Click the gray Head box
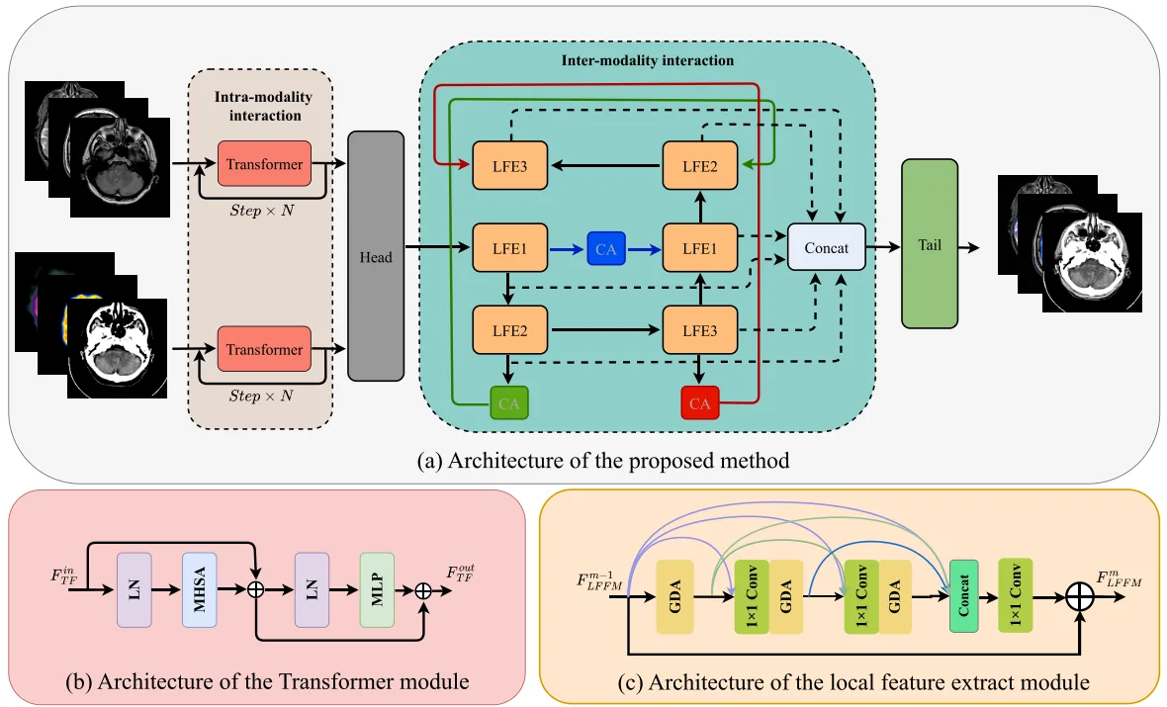[x=376, y=256]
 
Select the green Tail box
[x=930, y=243]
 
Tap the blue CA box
[x=606, y=248]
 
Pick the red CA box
[x=699, y=402]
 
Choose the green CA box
[x=509, y=402]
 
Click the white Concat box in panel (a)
[x=826, y=247]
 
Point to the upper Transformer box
[x=264, y=164]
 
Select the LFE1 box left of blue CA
[x=509, y=248]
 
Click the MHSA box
[x=200, y=589]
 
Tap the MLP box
[x=377, y=589]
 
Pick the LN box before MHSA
[x=134, y=589]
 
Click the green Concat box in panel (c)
[x=964, y=596]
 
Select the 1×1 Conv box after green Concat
[x=1015, y=595]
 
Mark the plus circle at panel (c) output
[x=1080, y=597]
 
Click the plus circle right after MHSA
[x=255, y=590]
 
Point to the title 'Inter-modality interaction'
[x=648, y=60]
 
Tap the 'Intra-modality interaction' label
[x=263, y=106]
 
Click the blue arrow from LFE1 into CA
[x=567, y=249]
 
